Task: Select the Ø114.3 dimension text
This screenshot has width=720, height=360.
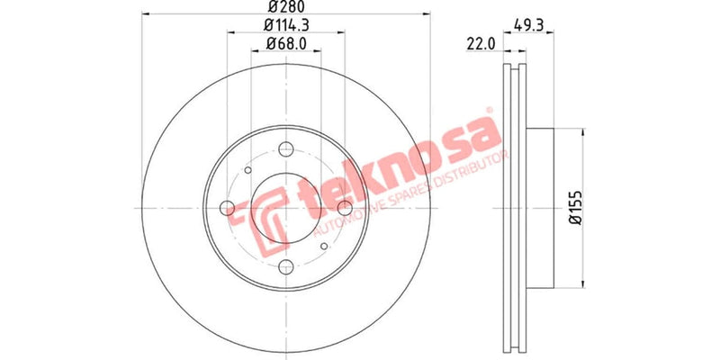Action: pyautogui.click(x=285, y=25)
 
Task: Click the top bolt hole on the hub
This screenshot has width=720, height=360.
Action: pyautogui.click(x=286, y=150)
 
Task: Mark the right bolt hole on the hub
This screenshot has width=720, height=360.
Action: pyautogui.click(x=343, y=208)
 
